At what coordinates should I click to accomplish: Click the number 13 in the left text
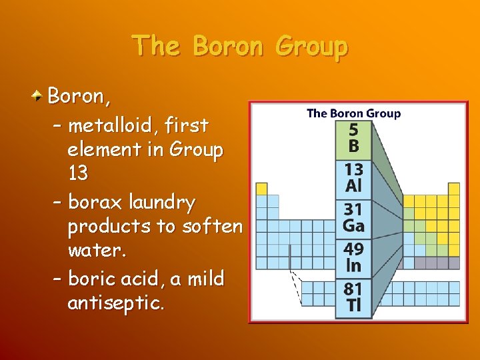click(78, 173)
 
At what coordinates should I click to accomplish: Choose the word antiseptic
click(115, 303)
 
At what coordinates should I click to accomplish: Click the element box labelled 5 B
click(353, 139)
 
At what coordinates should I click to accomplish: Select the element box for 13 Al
click(353, 178)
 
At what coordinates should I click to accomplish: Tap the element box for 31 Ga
click(353, 218)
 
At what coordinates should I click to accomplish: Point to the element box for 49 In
click(353, 257)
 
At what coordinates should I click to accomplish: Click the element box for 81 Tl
click(353, 297)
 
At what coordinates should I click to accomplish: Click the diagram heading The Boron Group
click(353, 113)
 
